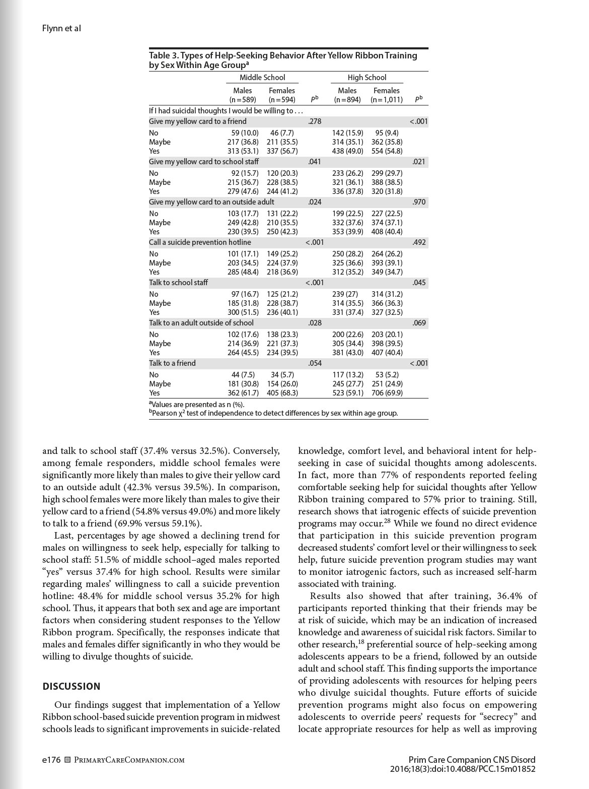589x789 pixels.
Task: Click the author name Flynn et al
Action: point(61,28)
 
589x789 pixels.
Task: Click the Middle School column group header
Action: point(262,78)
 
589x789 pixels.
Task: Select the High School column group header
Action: point(366,78)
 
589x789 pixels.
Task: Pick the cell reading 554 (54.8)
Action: point(387,151)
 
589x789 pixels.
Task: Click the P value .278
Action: point(314,121)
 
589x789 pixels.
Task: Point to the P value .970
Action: point(419,202)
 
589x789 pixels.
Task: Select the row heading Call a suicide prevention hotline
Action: point(200,242)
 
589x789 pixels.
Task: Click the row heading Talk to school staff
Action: point(178,283)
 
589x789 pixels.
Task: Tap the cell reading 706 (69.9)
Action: point(387,393)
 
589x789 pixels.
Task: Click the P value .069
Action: point(419,323)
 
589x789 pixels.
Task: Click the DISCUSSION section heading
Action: point(71,686)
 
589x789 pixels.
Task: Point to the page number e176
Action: point(51,760)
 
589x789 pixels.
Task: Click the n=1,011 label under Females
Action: point(387,100)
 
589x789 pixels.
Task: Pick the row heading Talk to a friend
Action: point(172,363)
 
